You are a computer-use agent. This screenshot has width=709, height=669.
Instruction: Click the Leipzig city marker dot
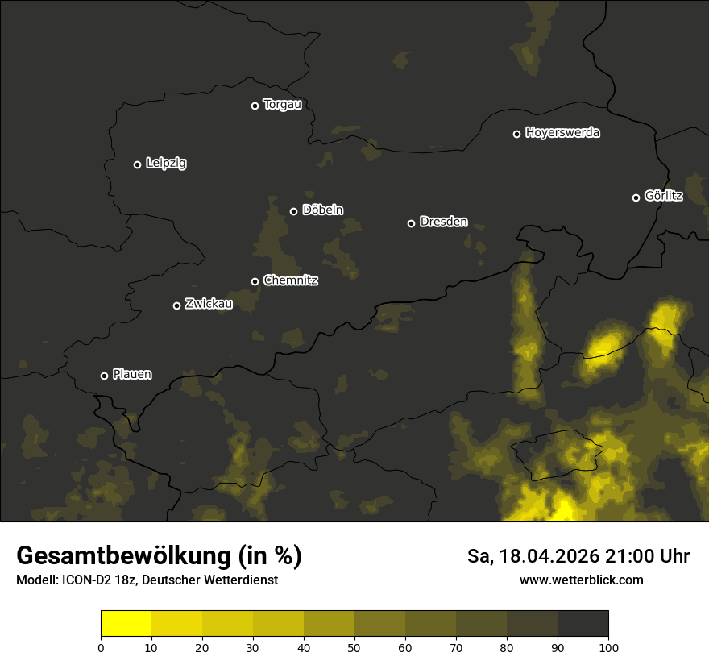point(137,164)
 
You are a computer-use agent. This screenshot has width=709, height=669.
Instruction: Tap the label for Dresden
point(443,222)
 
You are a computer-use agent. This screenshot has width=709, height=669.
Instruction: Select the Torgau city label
point(282,105)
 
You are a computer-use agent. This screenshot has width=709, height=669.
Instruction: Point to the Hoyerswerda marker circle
point(516,134)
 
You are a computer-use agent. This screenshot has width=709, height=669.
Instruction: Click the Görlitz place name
point(664,196)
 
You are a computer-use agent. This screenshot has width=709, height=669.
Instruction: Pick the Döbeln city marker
point(293,211)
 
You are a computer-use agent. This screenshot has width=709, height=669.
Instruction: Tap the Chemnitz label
point(290,280)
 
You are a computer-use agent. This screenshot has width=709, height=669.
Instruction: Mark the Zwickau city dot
point(176,305)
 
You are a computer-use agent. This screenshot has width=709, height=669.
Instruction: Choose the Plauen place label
point(132,374)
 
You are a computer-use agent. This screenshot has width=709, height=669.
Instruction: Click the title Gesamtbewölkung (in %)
point(159,556)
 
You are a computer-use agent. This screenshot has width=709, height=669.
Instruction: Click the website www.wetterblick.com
point(581,580)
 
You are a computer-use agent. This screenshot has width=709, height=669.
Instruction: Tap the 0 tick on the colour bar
point(101,647)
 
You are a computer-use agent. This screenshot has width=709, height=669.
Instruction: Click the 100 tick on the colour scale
point(608,647)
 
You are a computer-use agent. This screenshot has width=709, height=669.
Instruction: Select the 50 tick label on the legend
point(354,647)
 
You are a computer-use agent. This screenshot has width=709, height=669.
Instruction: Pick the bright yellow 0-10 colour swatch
point(126,624)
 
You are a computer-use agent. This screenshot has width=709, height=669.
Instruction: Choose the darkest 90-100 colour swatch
point(583,624)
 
